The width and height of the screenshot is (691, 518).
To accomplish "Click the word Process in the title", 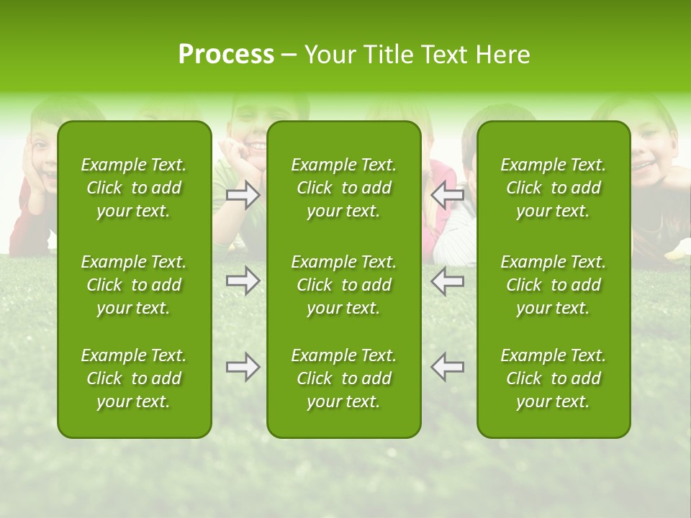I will (226, 55).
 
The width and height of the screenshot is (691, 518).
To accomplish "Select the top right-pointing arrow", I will (243, 195).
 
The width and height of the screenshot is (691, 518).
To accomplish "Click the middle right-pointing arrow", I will (243, 281).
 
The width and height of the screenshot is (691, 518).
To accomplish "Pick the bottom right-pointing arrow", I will (243, 367).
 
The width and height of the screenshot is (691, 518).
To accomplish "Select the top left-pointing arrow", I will (448, 195).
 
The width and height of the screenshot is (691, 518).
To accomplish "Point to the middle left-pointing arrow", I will (448, 281).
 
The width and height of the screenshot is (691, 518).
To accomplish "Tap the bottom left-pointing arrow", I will (448, 367).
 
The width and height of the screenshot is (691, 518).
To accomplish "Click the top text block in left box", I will (134, 188).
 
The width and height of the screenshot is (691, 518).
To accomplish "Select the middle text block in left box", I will (134, 285).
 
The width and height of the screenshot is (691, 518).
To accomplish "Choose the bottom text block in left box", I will (134, 378).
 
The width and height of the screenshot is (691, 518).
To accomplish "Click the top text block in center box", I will (344, 188).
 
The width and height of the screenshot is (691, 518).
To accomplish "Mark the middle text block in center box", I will (344, 285).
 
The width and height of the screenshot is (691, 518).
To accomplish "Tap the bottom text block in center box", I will (344, 378).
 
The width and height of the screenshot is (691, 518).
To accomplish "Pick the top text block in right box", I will (554, 188).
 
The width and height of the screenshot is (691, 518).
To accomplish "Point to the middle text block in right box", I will (554, 285).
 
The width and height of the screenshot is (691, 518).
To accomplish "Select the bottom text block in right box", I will (554, 378).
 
